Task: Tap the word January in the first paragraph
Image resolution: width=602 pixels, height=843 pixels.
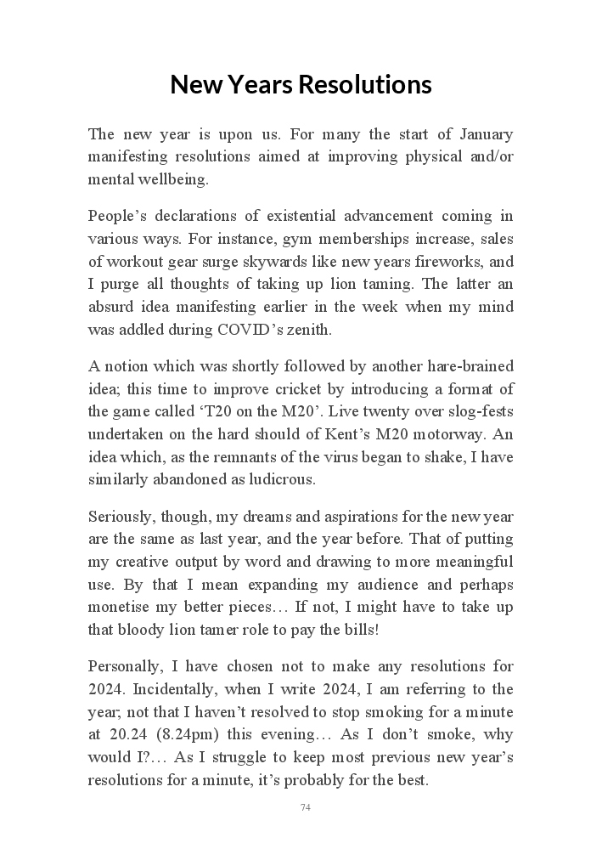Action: tap(486, 134)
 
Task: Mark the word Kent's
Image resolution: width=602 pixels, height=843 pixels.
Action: tap(363, 433)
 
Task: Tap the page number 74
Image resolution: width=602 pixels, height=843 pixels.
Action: tap(306, 807)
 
